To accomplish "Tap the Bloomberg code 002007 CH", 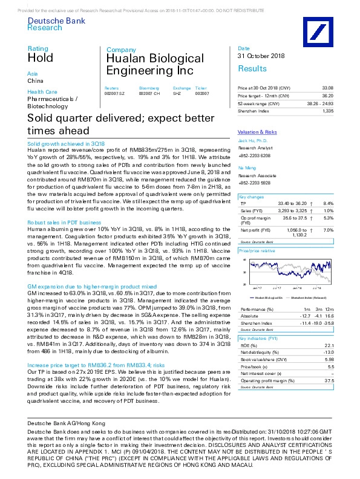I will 149,93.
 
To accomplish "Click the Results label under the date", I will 252,69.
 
